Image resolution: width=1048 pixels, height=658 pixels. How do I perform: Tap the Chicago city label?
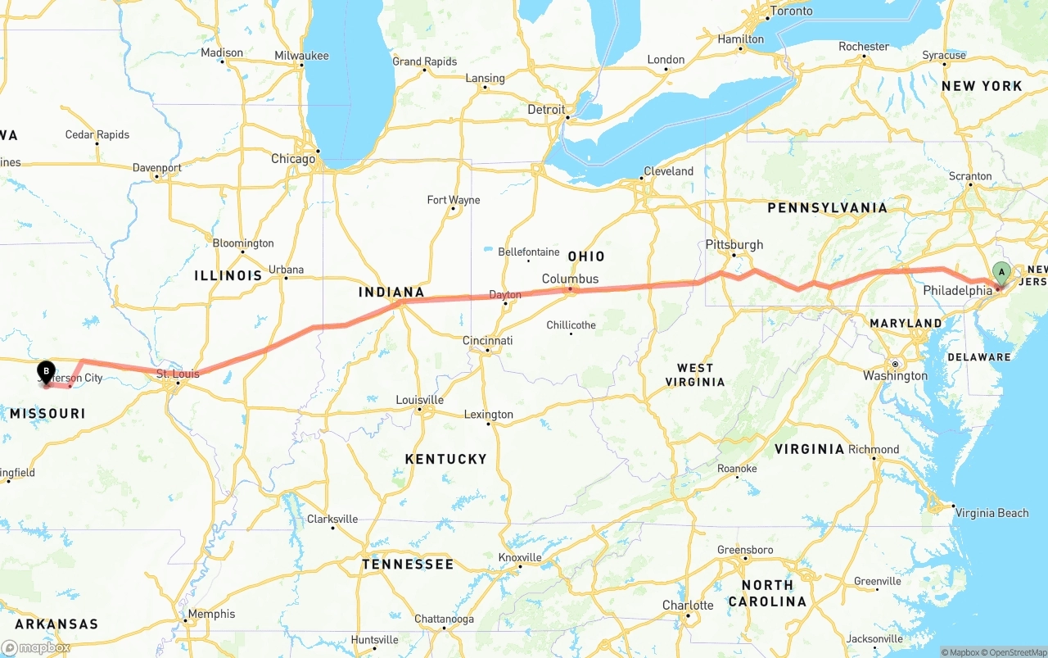click(293, 159)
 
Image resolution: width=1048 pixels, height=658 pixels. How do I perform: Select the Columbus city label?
click(570, 279)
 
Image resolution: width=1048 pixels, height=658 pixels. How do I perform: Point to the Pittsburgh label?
click(734, 244)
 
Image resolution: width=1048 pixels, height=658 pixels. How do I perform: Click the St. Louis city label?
click(178, 374)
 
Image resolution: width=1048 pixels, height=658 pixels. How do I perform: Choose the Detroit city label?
click(546, 110)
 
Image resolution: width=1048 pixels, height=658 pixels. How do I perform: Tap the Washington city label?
click(895, 376)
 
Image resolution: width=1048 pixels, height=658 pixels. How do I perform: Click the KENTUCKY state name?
click(445, 459)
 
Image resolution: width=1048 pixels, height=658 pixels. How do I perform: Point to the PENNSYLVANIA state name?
click(827, 208)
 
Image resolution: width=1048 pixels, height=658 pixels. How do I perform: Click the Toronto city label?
click(791, 11)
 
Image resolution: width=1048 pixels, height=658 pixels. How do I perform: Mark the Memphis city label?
click(211, 614)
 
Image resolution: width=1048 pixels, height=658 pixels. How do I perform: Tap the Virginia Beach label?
click(992, 513)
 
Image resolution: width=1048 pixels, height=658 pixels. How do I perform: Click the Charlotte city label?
click(688, 606)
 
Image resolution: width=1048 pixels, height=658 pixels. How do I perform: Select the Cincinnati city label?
click(488, 340)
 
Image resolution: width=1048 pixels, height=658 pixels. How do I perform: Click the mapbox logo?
click(37, 647)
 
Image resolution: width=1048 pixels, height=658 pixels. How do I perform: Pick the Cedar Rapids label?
click(97, 134)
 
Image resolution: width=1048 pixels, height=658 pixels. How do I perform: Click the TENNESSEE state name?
click(408, 565)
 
